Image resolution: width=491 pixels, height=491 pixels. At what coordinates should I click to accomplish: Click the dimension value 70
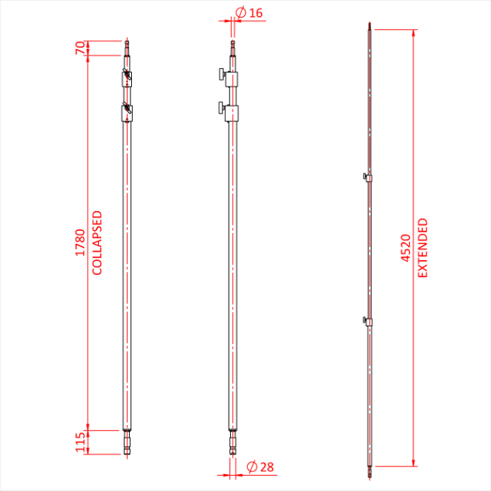[80, 48]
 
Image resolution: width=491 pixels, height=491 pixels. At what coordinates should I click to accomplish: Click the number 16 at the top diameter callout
[256, 13]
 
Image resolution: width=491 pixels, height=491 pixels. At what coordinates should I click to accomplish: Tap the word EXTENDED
[422, 248]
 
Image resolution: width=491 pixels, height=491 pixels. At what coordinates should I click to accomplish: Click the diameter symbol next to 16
[241, 13]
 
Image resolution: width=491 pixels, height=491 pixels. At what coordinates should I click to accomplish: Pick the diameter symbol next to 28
[251, 467]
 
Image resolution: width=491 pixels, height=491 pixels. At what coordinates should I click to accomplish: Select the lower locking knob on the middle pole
[220, 108]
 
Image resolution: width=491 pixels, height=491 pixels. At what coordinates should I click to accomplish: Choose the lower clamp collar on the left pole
[126, 112]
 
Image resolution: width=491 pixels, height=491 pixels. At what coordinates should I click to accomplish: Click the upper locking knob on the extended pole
[364, 176]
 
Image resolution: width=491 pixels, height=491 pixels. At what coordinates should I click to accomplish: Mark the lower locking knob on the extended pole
[364, 321]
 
